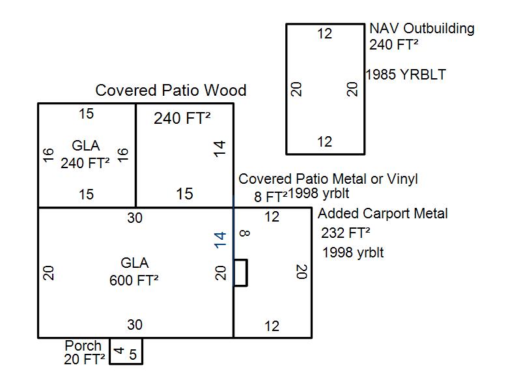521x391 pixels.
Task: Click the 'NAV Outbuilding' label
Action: point(421,29)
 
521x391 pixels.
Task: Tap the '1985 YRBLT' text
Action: point(406,75)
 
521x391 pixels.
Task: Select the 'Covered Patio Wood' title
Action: point(171,91)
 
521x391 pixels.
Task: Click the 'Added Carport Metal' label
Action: point(382,214)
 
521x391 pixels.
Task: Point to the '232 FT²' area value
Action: point(345,233)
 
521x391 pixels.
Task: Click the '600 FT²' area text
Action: point(134,280)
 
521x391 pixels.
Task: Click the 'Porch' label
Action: point(83,345)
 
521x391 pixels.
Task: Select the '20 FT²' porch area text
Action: point(85,358)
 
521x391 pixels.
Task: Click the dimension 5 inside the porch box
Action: point(133,355)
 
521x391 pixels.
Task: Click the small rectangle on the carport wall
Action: point(240,272)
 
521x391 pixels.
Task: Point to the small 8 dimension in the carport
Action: point(244,233)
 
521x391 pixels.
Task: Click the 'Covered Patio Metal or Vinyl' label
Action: point(328,179)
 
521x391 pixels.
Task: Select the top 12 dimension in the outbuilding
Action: point(324,34)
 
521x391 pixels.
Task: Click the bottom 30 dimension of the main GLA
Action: point(134,325)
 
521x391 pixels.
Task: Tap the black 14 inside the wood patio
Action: point(221,149)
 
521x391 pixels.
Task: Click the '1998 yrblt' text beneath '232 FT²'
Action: point(352,253)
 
